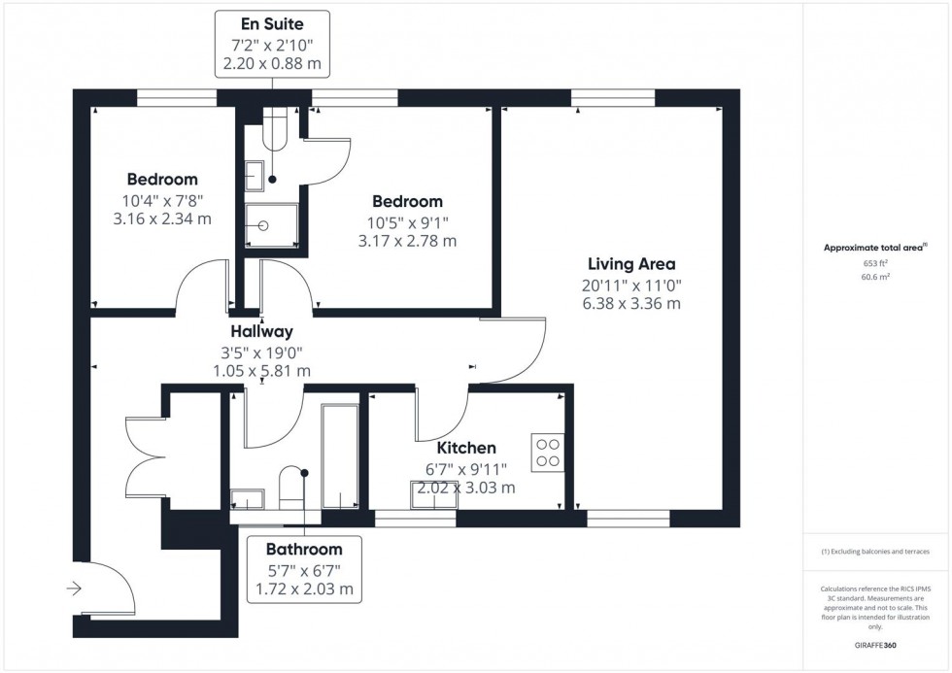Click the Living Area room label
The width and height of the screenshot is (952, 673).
(x=631, y=264)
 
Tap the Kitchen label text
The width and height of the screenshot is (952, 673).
(x=466, y=448)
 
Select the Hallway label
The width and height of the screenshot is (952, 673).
(x=261, y=331)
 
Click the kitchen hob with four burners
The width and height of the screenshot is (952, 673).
(x=547, y=452)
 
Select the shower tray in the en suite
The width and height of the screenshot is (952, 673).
(x=266, y=224)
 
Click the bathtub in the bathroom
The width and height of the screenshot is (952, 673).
(x=340, y=456)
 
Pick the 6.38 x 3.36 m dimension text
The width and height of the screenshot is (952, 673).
(x=631, y=303)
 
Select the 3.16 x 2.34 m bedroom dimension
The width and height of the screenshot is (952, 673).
(x=162, y=219)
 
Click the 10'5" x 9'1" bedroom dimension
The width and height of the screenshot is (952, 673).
(x=407, y=221)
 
